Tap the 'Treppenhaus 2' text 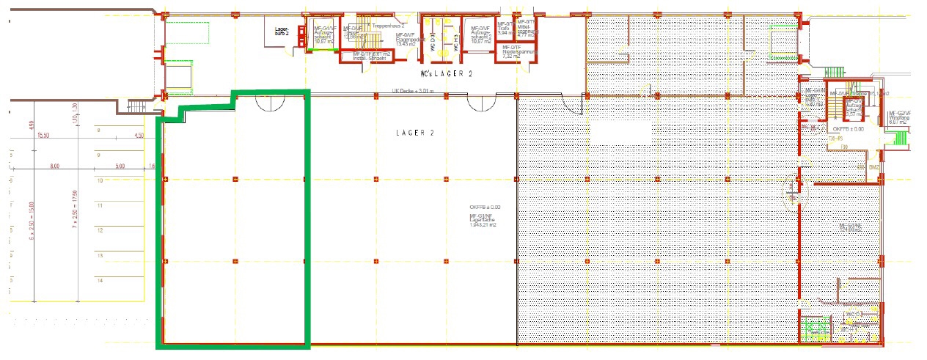click(388, 26)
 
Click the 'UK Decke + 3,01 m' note click(413, 92)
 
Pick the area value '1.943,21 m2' click(483, 225)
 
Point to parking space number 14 click(99, 280)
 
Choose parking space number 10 click(99, 180)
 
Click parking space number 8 click(98, 130)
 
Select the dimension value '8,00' click(54, 166)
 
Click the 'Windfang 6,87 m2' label click(898, 118)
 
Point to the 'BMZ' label click(873, 168)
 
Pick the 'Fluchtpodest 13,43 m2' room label click(406, 40)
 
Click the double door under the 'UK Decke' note click(480, 103)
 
